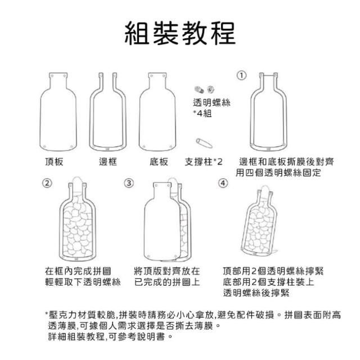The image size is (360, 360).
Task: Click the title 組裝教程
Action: point(180,33)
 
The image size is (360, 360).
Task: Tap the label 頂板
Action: point(54,161)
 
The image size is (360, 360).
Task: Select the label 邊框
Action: point(108,161)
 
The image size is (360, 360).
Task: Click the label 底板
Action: point(159,161)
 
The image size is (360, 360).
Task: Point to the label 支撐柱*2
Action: point(204,161)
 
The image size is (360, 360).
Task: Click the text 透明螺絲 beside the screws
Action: point(211,102)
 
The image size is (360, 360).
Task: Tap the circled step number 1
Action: point(241,75)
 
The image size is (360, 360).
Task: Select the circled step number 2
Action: point(47,183)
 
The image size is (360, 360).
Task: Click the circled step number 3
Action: point(129,183)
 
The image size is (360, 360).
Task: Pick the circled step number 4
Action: point(223,183)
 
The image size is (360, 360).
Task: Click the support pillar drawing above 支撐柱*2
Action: point(204,143)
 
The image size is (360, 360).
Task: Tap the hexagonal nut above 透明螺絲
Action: point(210,89)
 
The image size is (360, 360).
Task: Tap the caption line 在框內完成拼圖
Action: point(78,271)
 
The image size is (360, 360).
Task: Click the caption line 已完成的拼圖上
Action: point(167,282)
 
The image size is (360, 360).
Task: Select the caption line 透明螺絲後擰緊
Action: point(256,292)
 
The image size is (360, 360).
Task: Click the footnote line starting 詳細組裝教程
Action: point(110,336)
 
